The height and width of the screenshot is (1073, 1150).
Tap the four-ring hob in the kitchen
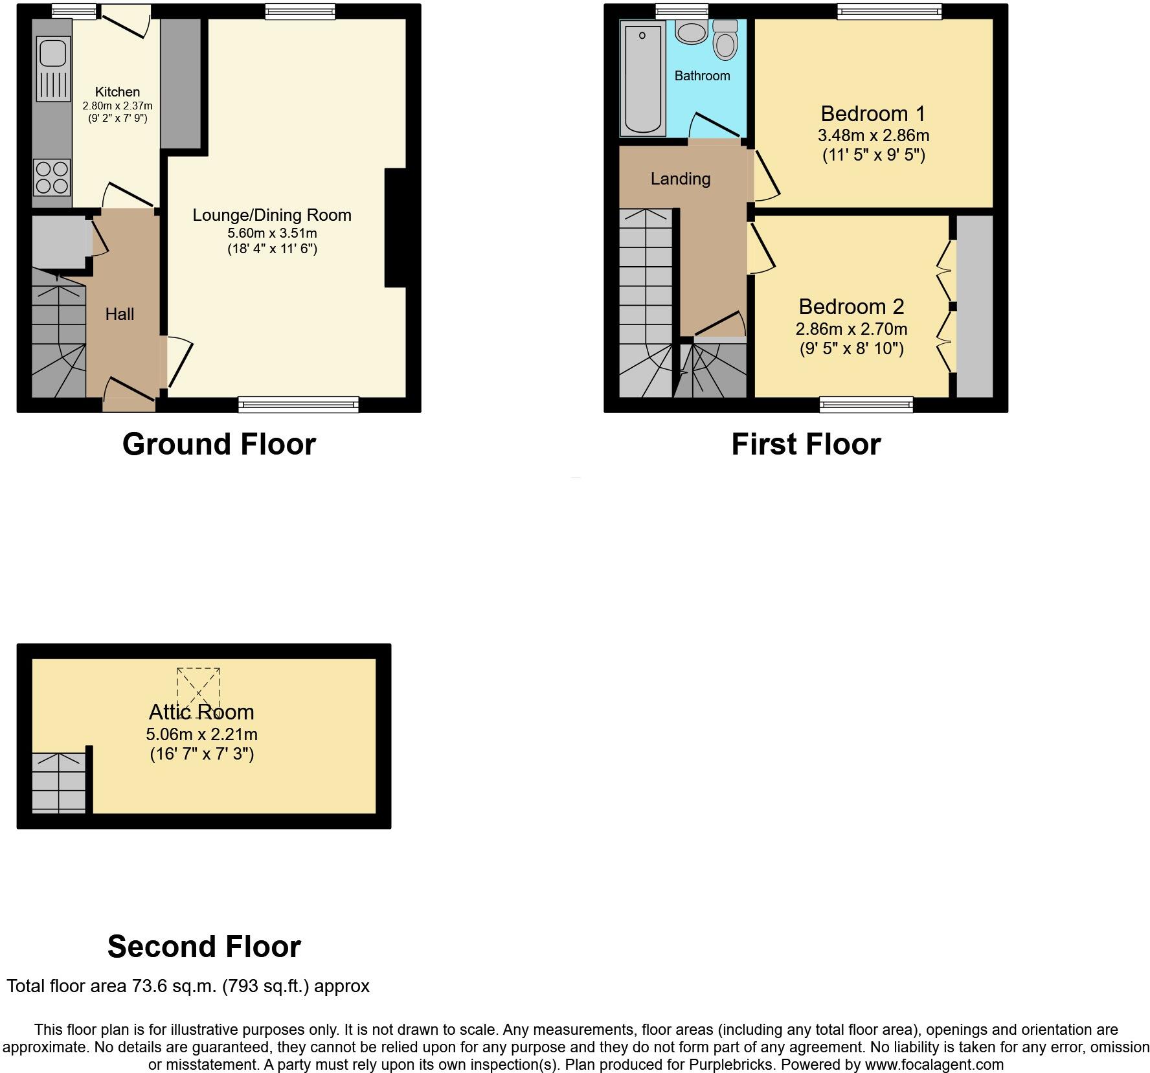tap(52, 177)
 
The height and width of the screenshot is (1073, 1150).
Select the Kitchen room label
tap(117, 92)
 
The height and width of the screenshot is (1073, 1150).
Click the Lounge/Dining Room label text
tap(271, 215)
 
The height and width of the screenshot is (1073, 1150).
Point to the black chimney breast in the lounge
tap(396, 227)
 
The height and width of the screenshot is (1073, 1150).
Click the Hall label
tap(120, 314)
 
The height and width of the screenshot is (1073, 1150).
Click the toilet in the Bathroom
tap(725, 40)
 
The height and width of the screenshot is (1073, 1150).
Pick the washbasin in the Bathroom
tap(692, 32)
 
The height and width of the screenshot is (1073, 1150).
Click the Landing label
tap(680, 179)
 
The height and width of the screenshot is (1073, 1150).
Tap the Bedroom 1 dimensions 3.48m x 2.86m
tap(873, 136)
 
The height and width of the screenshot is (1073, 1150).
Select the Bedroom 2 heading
tap(851, 306)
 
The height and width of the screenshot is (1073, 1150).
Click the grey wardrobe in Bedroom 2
tap(974, 306)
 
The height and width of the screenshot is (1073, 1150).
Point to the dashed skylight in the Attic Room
tap(198, 690)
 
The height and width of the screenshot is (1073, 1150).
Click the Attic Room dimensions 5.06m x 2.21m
tap(201, 734)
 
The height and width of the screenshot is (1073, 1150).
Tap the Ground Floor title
tap(219, 444)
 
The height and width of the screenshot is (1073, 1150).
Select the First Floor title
tap(806, 444)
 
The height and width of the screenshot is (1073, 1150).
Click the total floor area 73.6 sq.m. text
tap(188, 986)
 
